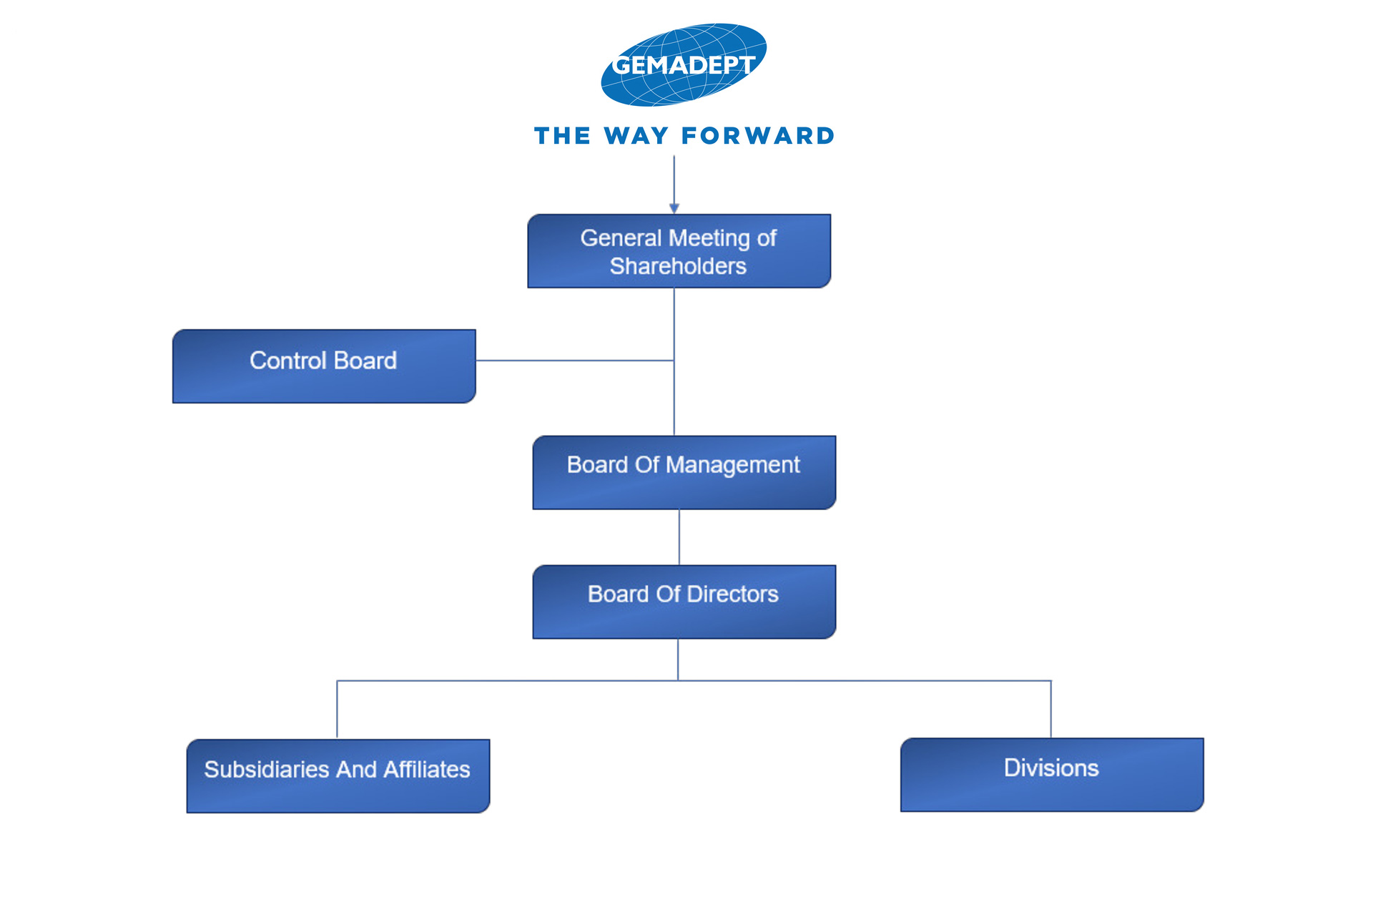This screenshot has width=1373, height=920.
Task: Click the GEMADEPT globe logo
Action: (x=684, y=64)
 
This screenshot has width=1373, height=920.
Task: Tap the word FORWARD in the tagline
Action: (x=758, y=136)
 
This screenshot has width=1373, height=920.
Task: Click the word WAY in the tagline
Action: (x=636, y=136)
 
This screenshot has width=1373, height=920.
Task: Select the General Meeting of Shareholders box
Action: (x=679, y=251)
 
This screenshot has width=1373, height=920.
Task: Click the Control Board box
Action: (x=324, y=366)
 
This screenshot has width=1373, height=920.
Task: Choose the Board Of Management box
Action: (x=684, y=472)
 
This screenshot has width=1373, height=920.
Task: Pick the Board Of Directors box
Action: (x=684, y=602)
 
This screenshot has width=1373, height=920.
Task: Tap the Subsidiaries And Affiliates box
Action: (x=338, y=776)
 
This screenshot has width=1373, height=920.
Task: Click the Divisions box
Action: (x=1052, y=775)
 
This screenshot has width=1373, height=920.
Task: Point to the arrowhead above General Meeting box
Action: (x=674, y=208)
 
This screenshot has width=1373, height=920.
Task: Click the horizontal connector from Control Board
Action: (x=575, y=361)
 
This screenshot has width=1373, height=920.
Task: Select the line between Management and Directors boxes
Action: (x=679, y=537)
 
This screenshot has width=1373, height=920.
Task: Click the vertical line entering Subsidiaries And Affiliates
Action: (x=337, y=709)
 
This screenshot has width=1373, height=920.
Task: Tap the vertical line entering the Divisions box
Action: (x=1050, y=709)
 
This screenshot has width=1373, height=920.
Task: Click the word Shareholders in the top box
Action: (x=678, y=266)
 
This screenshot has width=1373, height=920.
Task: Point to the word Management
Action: (x=732, y=465)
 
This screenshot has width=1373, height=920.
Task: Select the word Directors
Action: (x=732, y=594)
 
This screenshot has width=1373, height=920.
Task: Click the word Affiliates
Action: (x=426, y=769)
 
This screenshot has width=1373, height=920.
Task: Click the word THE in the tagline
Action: (x=562, y=136)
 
